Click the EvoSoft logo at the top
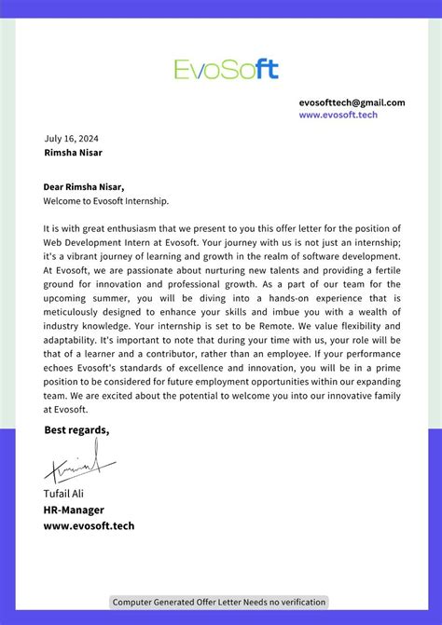(226, 68)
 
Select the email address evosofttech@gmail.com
(352, 102)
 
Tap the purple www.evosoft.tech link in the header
(338, 115)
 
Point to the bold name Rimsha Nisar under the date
(74, 152)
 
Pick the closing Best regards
(76, 429)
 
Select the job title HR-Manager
(74, 510)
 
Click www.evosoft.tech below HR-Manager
(89, 525)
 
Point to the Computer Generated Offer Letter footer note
(220, 602)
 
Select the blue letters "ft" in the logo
(266, 68)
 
